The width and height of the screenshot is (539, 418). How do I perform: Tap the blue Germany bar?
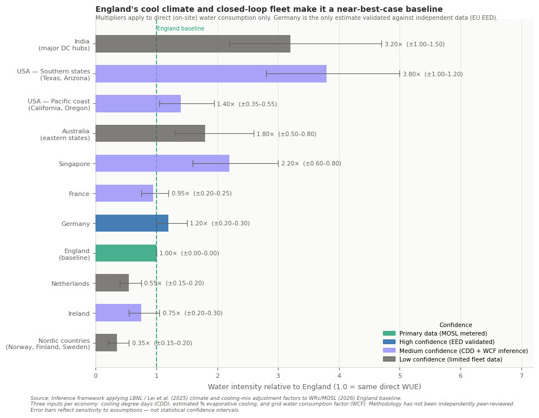(132, 223)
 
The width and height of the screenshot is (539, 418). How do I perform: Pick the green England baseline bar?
(125, 253)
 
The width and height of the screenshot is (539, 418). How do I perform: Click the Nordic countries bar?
(106, 343)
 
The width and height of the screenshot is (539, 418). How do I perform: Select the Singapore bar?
(162, 163)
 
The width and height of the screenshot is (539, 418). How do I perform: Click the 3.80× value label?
(432, 74)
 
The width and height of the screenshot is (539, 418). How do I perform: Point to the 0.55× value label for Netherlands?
(173, 283)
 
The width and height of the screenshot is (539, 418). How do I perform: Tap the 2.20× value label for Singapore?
(311, 163)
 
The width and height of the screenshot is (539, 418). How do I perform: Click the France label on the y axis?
(79, 194)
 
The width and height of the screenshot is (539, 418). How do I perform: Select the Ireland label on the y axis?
(79, 313)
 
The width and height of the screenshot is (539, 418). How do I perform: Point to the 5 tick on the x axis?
(399, 376)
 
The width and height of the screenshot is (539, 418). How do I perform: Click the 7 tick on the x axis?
(521, 376)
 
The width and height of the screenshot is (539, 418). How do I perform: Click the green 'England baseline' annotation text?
(181, 29)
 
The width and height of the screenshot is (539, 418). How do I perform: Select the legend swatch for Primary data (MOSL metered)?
(389, 333)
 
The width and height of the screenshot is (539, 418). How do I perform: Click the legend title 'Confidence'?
(455, 325)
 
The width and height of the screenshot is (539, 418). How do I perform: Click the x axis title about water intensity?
(314, 387)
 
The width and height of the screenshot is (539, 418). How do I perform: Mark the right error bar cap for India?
(381, 44)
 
